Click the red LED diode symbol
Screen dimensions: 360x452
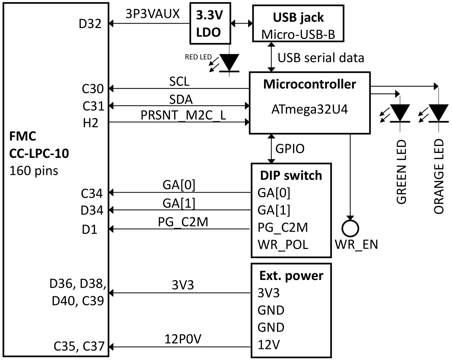click(x=229, y=63)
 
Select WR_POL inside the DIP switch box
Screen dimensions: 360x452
click(x=283, y=245)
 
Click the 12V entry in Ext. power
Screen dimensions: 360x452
click(x=268, y=346)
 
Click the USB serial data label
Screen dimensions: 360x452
click(x=321, y=58)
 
